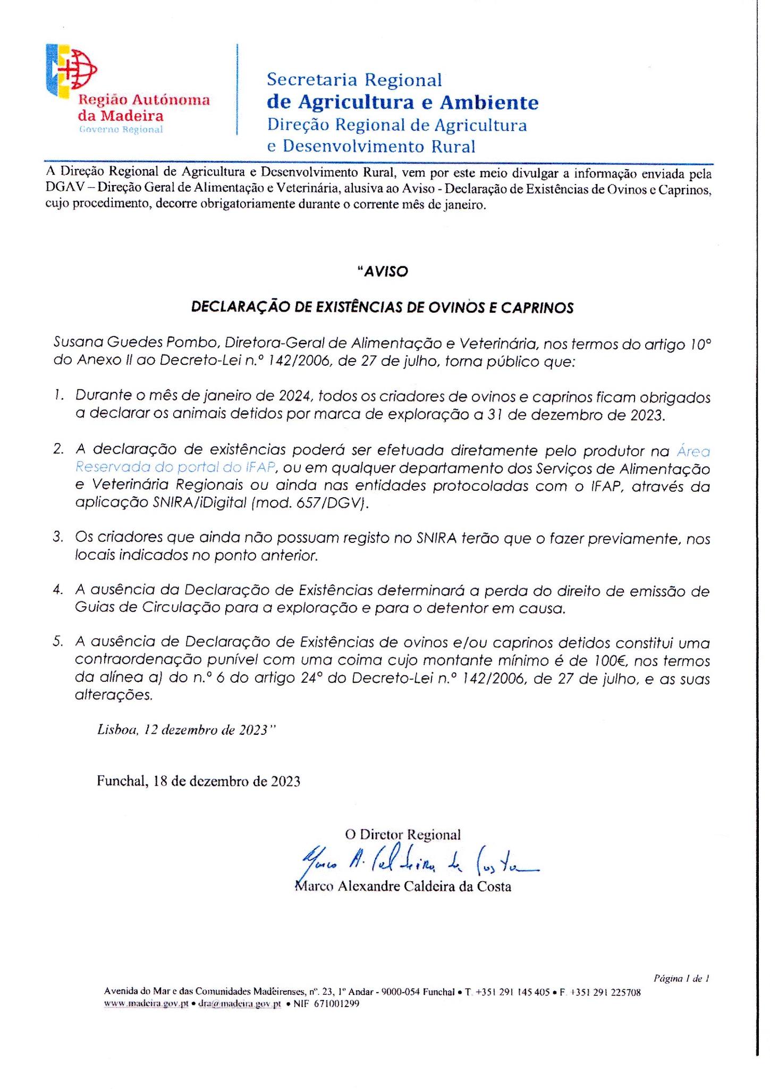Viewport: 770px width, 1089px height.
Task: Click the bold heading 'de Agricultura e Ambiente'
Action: click(402, 102)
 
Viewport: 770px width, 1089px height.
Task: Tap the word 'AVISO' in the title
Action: click(383, 271)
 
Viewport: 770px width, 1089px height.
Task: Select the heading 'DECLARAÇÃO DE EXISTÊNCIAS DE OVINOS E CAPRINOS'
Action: click(383, 308)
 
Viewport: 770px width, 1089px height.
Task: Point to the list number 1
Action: click(58, 396)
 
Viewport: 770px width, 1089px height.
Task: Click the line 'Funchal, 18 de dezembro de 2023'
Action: click(198, 781)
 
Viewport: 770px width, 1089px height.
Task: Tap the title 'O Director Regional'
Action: click(402, 834)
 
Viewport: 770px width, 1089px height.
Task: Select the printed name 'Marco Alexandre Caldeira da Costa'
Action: click(402, 886)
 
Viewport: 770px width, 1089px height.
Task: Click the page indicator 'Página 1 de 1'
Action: click(682, 977)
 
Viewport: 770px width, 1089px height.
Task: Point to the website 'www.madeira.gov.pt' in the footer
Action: click(146, 1004)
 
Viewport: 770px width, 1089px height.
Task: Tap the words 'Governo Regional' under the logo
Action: click(120, 130)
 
